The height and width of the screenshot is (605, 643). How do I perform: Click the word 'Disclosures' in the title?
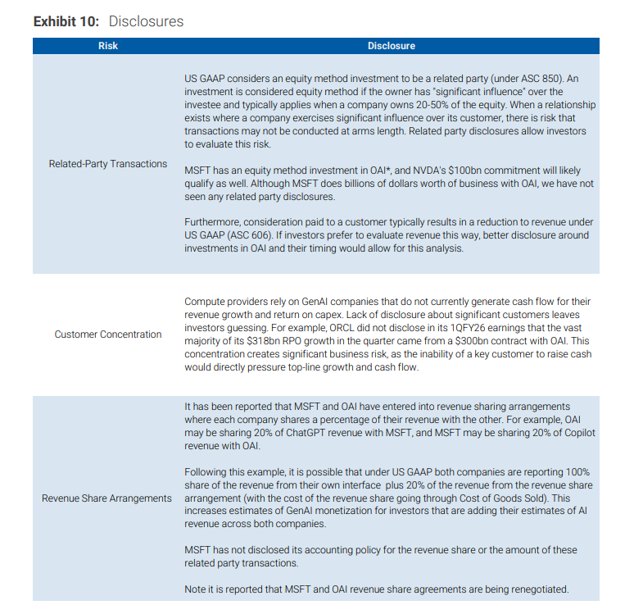click(146, 21)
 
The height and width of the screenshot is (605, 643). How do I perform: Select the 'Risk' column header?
click(107, 46)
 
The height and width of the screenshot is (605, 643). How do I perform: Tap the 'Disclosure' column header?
click(391, 46)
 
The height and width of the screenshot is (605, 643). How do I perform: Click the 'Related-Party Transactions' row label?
click(108, 164)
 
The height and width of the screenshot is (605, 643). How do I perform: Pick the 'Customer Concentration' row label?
click(108, 334)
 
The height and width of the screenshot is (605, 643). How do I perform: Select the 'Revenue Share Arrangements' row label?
click(107, 498)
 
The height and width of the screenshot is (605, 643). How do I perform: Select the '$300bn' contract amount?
click(457, 340)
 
